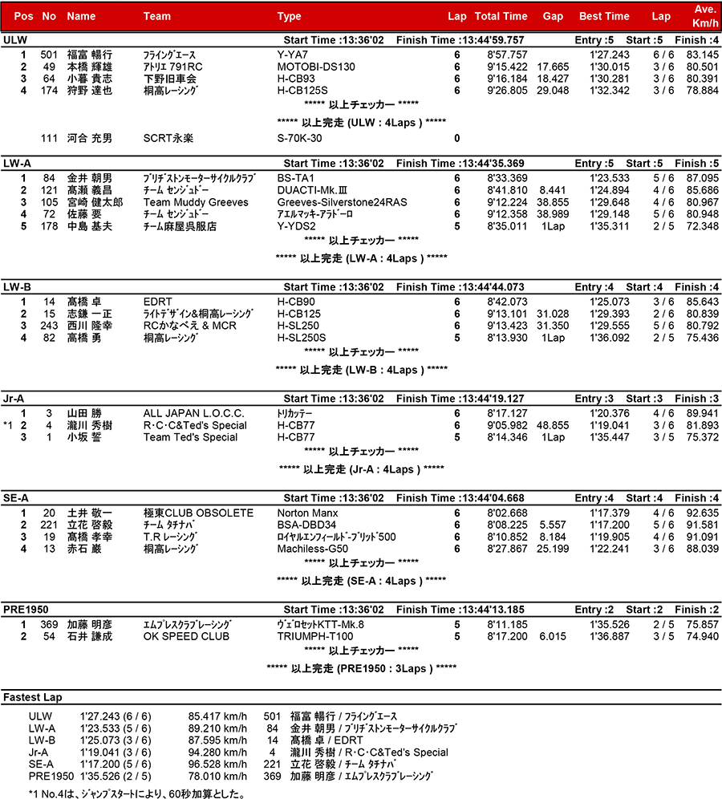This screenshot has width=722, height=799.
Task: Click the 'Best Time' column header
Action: (604, 16)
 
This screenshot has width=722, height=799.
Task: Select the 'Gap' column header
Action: (553, 16)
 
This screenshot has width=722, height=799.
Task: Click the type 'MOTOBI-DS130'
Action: (316, 67)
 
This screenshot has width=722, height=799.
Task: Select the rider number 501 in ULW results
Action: (49, 55)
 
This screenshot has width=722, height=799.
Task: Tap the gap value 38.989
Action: (553, 214)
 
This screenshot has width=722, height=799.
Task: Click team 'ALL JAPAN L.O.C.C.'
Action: (193, 413)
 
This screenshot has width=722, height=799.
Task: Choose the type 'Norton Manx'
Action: (308, 513)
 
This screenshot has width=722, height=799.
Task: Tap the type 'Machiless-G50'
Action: (312, 549)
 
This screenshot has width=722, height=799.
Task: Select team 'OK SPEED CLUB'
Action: (186, 636)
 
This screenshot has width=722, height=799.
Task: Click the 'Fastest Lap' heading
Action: (33, 697)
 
